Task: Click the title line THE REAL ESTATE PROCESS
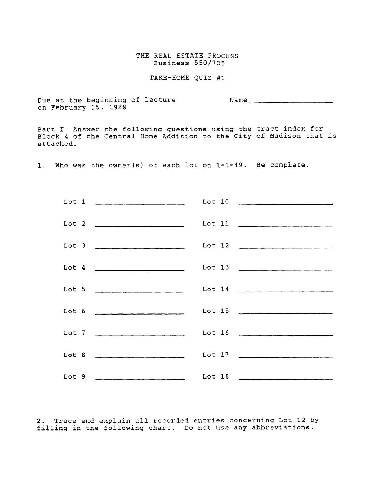tap(187, 56)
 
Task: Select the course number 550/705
tap(209, 63)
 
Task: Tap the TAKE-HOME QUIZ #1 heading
tap(187, 78)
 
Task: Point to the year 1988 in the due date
tap(117, 108)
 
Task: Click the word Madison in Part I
tap(285, 136)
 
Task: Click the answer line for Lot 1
tap(139, 204)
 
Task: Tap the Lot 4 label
tap(74, 267)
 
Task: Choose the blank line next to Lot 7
tap(139, 335)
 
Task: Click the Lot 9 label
tap(74, 376)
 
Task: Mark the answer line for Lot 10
tap(285, 204)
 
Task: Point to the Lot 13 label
tap(215, 267)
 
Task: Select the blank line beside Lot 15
tap(285, 313)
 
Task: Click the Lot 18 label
tap(215, 376)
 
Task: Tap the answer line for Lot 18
tap(285, 379)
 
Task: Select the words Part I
tap(51, 129)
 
